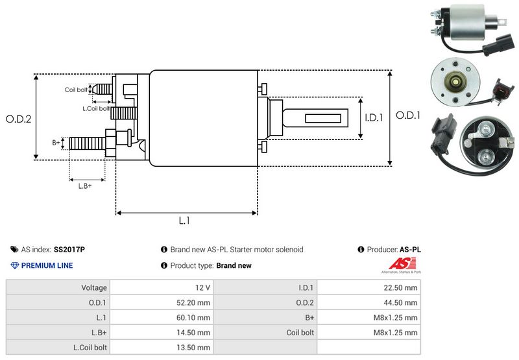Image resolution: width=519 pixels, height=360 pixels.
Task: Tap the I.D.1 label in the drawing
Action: coord(374,118)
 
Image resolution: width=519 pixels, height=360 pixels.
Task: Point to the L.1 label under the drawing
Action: coord(184,221)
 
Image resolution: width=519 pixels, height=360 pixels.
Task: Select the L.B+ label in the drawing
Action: coord(85,186)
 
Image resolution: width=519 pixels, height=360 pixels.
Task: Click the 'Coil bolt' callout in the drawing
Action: coord(76,90)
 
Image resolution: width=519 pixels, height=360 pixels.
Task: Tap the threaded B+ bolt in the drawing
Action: coord(87,142)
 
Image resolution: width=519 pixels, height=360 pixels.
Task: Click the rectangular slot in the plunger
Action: coord(320,119)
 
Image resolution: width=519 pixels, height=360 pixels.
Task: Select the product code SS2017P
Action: coord(69,249)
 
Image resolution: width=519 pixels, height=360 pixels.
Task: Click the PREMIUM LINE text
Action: coord(47,265)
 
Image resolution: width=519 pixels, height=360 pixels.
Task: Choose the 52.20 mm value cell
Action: coord(162,302)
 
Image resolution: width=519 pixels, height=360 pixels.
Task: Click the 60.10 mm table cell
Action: coord(162,317)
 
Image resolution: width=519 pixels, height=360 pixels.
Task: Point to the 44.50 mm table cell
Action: coord(368,302)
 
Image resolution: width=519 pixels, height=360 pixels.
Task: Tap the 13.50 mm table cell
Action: coord(162,347)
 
